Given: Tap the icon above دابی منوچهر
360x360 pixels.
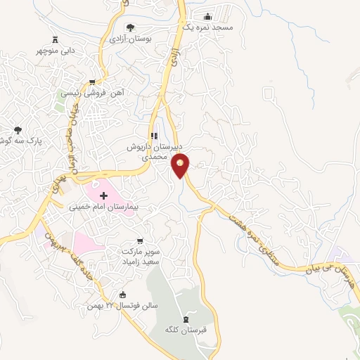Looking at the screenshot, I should point(56,39).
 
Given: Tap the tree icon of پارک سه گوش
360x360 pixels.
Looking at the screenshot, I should point(18,130).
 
